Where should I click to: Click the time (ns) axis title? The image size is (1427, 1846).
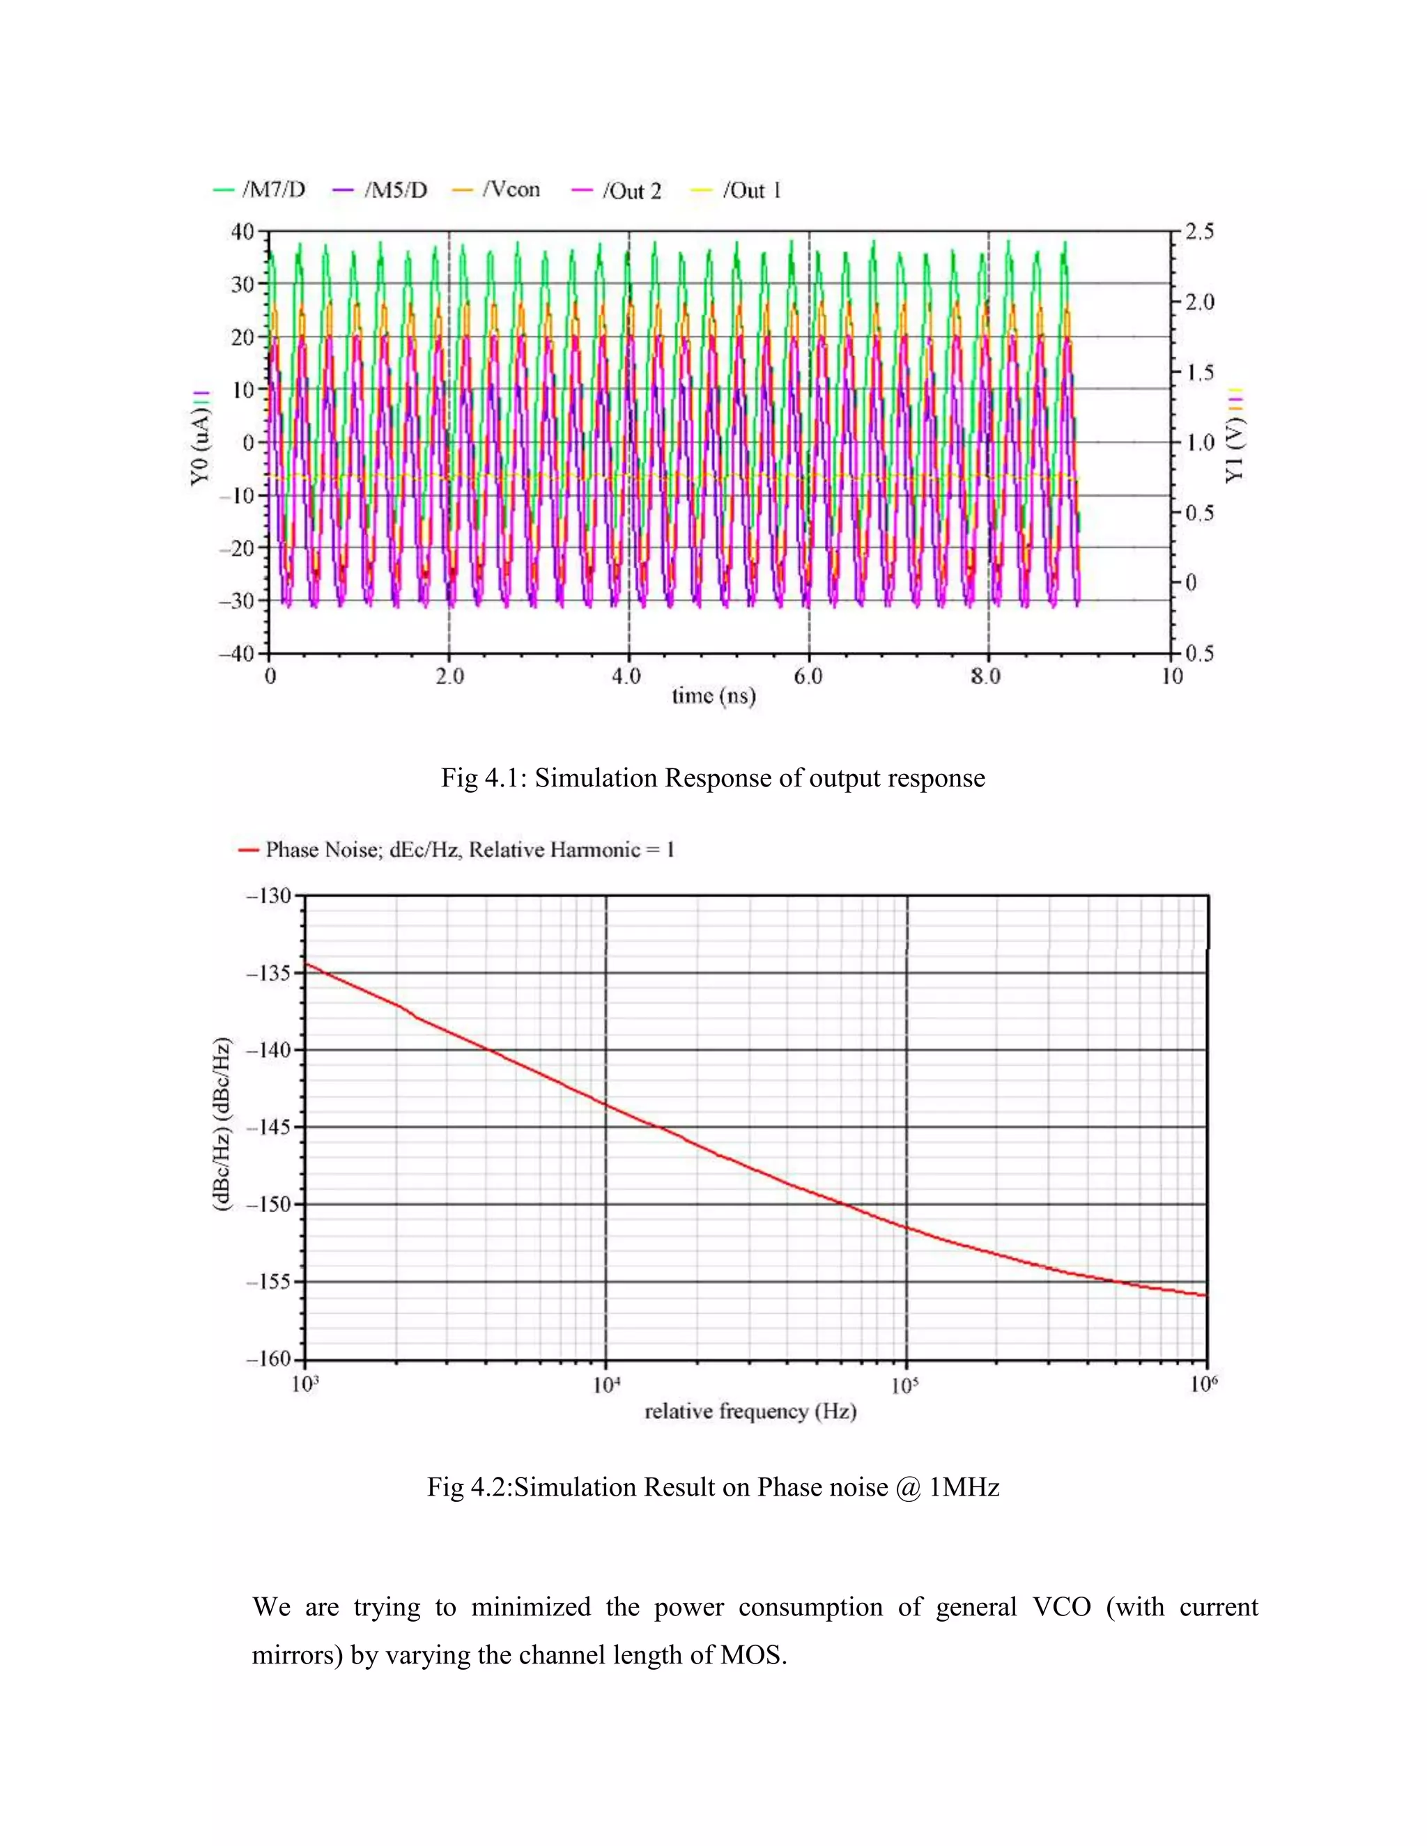(713, 696)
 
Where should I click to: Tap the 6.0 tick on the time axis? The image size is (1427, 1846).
(808, 676)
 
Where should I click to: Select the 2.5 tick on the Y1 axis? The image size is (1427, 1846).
(1198, 231)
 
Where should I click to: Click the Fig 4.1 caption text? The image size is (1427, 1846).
(713, 777)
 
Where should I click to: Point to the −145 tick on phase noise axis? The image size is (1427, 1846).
(268, 1126)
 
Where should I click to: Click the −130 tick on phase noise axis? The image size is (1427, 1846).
(268, 895)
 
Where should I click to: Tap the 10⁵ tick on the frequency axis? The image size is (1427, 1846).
(904, 1386)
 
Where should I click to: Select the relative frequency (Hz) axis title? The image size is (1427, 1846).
(750, 1411)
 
